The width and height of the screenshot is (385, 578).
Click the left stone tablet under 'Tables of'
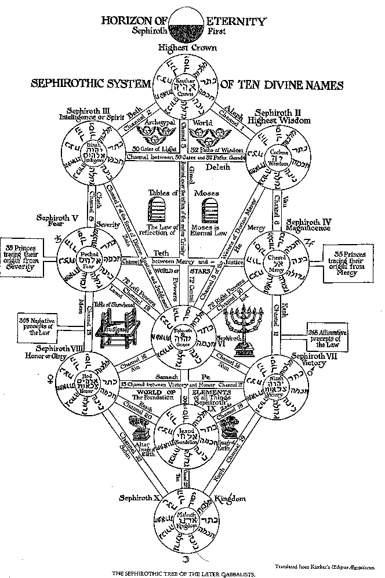[158, 209]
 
